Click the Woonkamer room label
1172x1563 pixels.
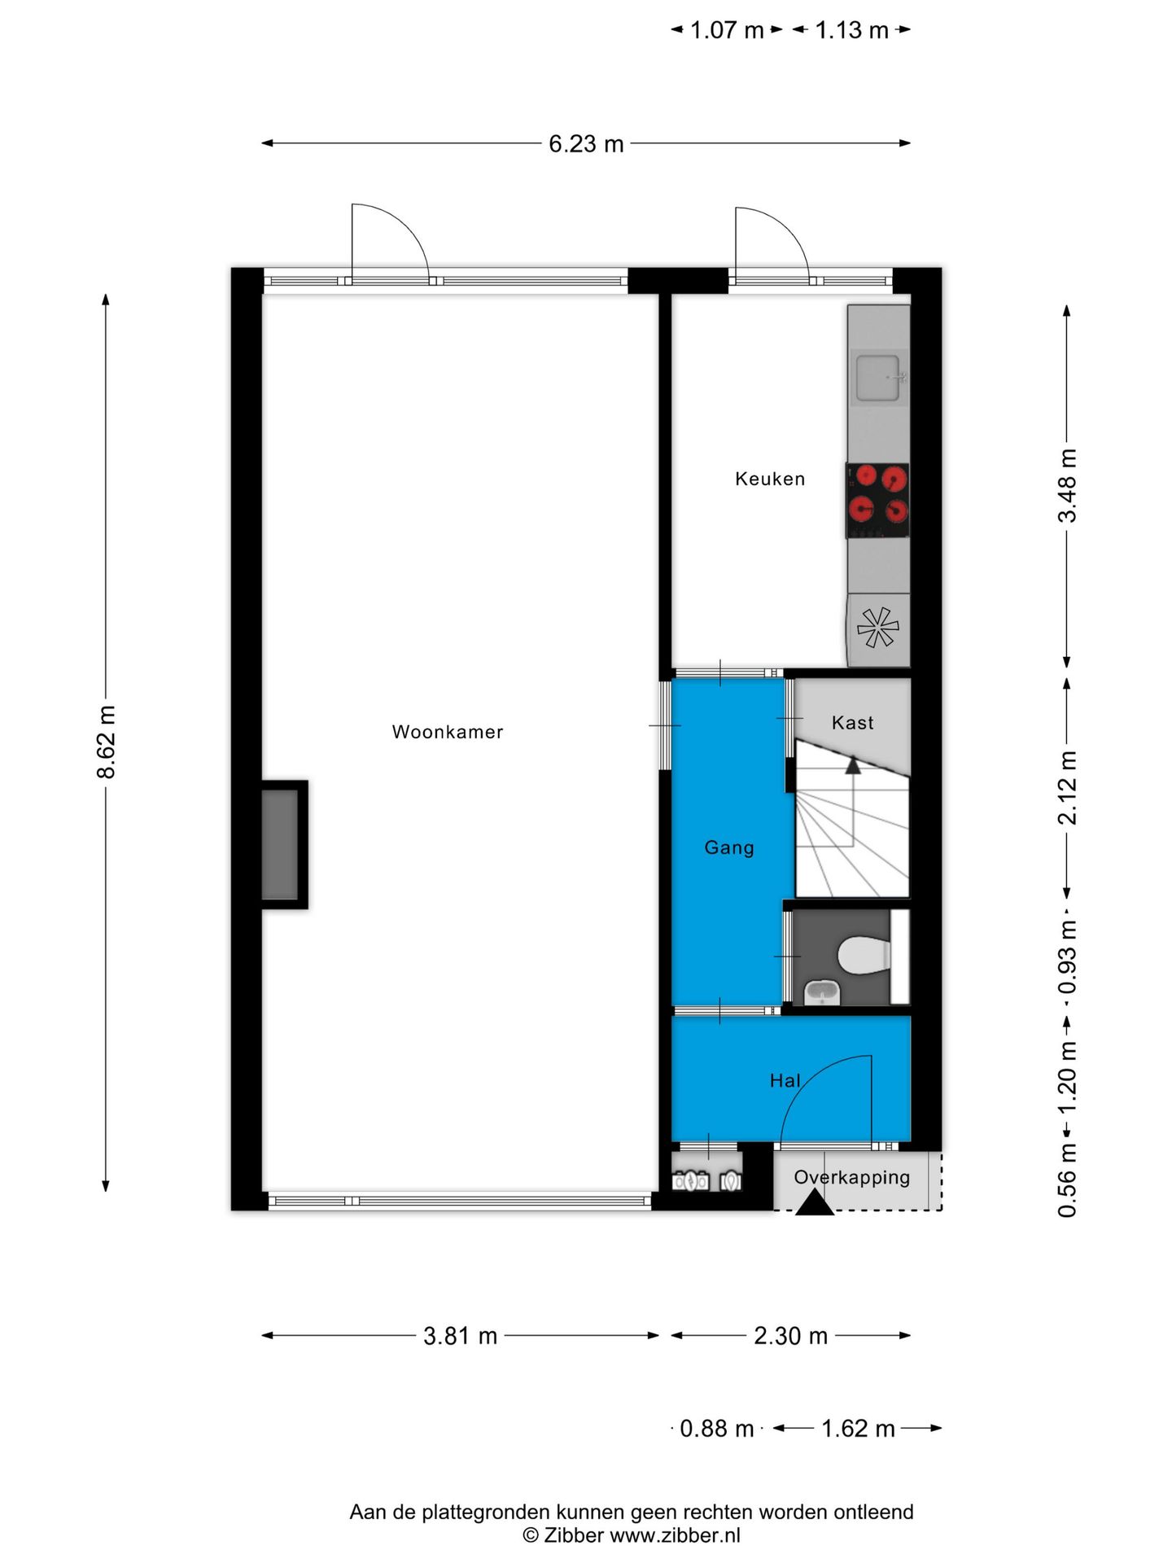pyautogui.click(x=448, y=732)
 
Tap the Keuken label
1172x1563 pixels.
pyautogui.click(x=770, y=479)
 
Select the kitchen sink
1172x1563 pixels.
pyautogui.click(x=878, y=378)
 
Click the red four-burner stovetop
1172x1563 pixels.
pyautogui.click(x=877, y=501)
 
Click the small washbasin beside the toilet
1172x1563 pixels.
pyautogui.click(x=821, y=992)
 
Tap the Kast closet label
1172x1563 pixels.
pyautogui.click(x=852, y=723)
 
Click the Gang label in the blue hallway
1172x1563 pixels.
pyautogui.click(x=729, y=848)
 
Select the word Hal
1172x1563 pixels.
pyautogui.click(x=785, y=1080)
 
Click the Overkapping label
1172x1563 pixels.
pyautogui.click(x=852, y=1178)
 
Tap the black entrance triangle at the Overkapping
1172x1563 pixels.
pyautogui.click(x=814, y=1202)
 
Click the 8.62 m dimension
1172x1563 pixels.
pyautogui.click(x=107, y=742)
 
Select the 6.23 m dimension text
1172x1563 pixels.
pyautogui.click(x=586, y=144)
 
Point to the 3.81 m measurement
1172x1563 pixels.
pyautogui.click(x=460, y=1336)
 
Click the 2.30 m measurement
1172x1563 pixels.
pyautogui.click(x=790, y=1336)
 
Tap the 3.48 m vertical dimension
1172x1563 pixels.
pyautogui.click(x=1067, y=486)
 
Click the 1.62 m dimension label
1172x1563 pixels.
pyautogui.click(x=858, y=1429)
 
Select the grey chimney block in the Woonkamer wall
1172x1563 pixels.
pyautogui.click(x=279, y=844)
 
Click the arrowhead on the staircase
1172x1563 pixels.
pyautogui.click(x=853, y=765)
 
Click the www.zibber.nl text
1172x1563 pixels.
pyautogui.click(x=676, y=1535)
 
